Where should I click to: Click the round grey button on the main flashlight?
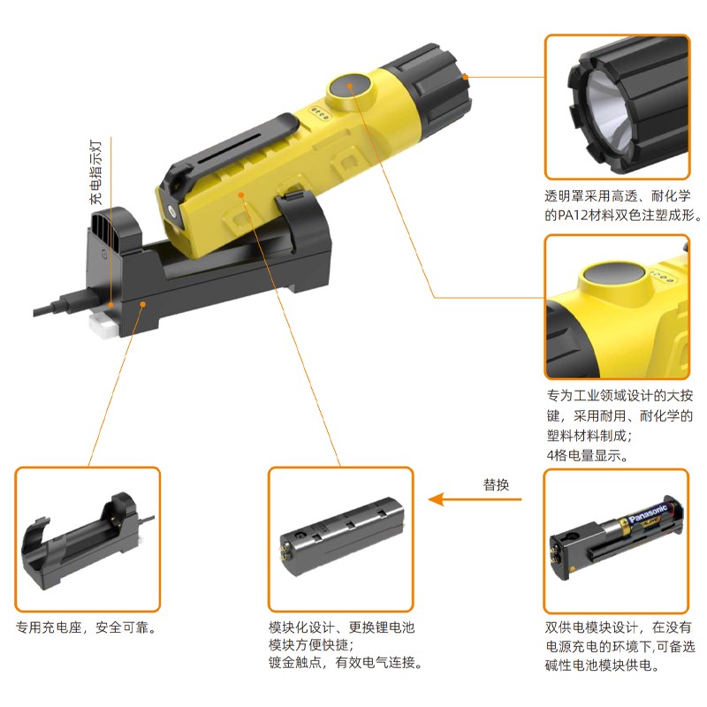click(x=349, y=85)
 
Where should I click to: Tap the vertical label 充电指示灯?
click(x=95, y=172)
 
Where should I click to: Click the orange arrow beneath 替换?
click(x=475, y=499)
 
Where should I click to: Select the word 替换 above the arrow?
click(x=496, y=484)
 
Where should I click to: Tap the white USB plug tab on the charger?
click(x=104, y=323)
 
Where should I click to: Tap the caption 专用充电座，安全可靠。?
click(x=86, y=627)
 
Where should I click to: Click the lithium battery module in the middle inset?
click(x=342, y=536)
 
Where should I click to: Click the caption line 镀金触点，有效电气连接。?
click(x=346, y=662)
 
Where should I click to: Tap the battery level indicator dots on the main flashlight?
click(x=319, y=113)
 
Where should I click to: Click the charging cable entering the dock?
click(x=64, y=304)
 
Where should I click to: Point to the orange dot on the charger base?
click(x=142, y=304)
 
